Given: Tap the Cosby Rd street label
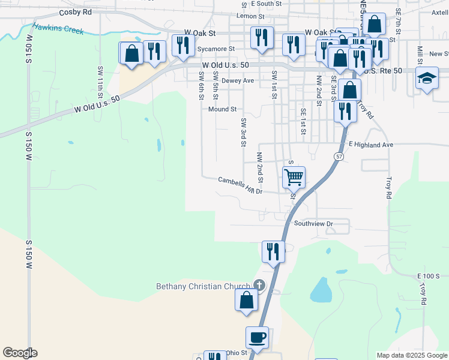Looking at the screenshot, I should pos(76,13).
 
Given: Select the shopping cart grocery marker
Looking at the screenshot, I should pos(294,177).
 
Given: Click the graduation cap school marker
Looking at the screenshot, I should pos(427,79).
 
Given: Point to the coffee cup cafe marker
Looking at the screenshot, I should pos(257,337).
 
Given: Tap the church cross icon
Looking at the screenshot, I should pos(259,285).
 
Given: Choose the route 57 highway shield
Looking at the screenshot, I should pos(339,157).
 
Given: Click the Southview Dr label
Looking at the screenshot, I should pos(313,223).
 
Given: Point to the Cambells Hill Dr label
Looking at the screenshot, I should pos(240,185).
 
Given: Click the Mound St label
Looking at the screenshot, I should pos(223,109).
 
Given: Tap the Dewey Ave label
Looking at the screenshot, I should pos(238,80).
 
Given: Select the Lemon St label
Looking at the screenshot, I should pos(250,16).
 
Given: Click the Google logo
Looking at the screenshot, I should pos(20,352).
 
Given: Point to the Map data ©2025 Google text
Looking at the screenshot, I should pos(412,355).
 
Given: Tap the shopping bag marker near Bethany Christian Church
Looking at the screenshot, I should pos(246,299).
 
